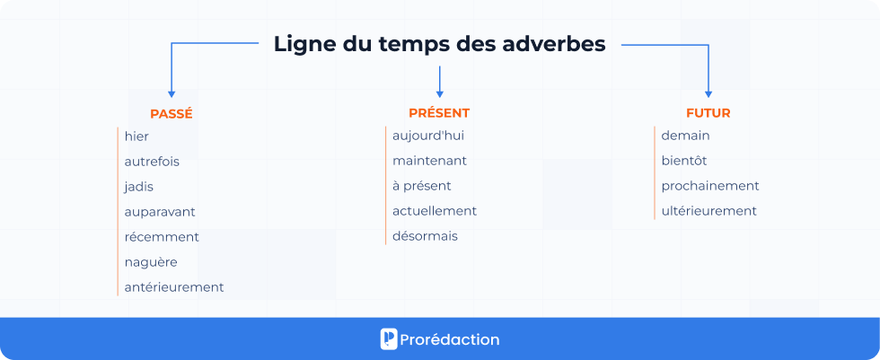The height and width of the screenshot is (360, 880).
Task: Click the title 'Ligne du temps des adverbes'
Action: (x=439, y=44)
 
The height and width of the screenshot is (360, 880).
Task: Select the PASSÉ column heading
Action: (x=172, y=114)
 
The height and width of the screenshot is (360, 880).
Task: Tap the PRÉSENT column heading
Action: (x=439, y=113)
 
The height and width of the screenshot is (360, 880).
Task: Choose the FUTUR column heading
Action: (x=708, y=113)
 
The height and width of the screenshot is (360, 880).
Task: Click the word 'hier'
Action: (x=137, y=136)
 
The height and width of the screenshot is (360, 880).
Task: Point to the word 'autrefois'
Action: (x=152, y=162)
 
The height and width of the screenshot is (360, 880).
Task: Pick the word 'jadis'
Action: (x=139, y=187)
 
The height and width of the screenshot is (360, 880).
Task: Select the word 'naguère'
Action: (x=151, y=262)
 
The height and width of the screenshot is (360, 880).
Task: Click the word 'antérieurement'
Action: (x=174, y=287)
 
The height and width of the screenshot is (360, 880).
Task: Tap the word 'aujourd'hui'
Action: (x=428, y=136)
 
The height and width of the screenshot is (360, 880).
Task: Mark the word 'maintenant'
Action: (x=429, y=161)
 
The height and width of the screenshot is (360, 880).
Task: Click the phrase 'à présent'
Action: (x=422, y=186)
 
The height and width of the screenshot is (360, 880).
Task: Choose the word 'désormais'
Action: (x=425, y=236)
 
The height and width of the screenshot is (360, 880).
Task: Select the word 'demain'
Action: (x=686, y=136)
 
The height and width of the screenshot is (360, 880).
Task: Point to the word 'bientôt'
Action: (x=684, y=161)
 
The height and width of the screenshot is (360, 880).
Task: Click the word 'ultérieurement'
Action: (x=709, y=211)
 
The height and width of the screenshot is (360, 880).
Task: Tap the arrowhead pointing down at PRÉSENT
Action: (x=439, y=92)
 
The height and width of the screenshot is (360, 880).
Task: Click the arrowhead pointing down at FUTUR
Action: (x=708, y=92)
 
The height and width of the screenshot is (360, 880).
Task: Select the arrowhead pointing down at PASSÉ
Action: (x=172, y=92)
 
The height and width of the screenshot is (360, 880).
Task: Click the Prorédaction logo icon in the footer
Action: (x=389, y=339)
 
